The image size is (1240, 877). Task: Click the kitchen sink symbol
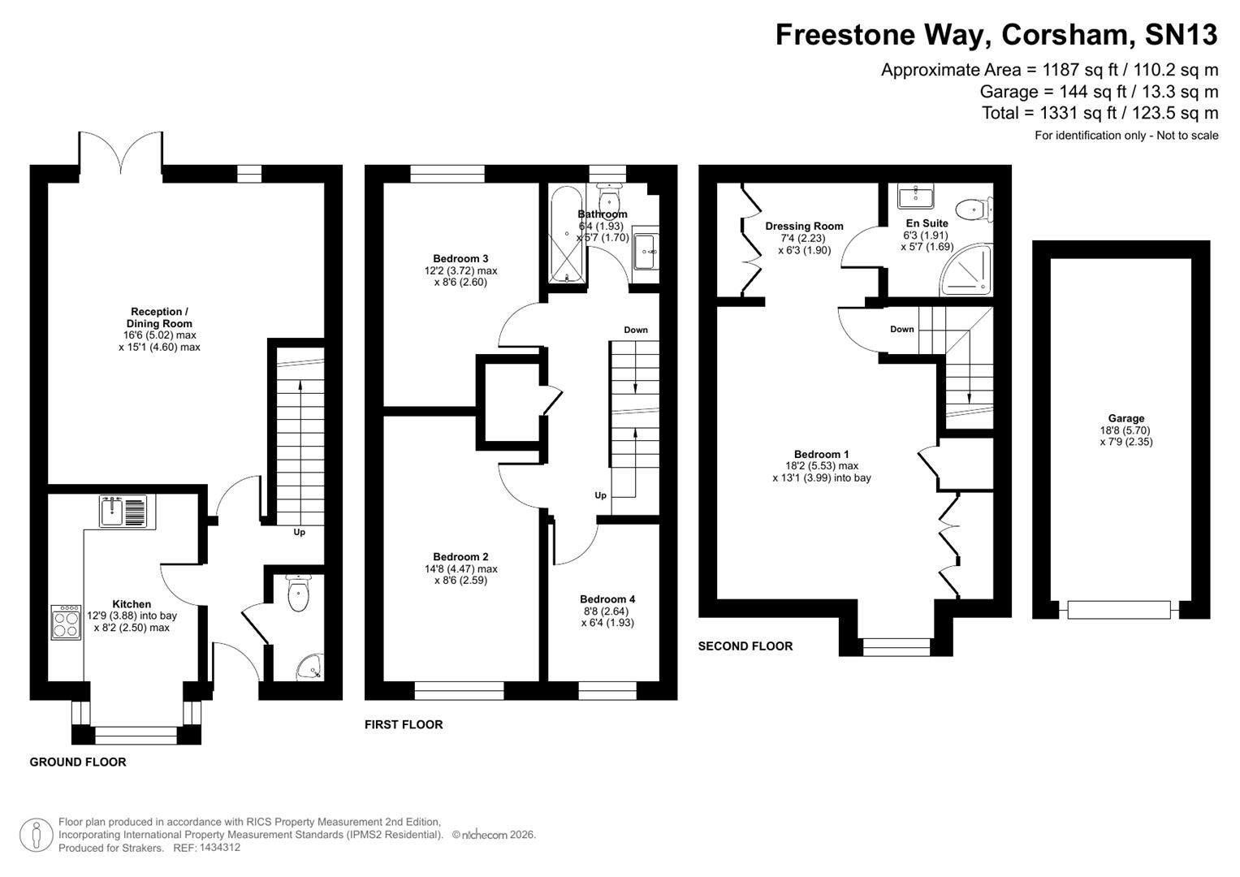[123, 511]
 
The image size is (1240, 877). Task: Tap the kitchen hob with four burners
[66, 622]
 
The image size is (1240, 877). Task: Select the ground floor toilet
[299, 594]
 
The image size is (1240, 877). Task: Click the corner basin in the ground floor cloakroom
[309, 667]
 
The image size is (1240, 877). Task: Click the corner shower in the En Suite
[970, 272]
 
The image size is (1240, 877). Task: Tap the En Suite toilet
[974, 210]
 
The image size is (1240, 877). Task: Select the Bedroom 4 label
[607, 599]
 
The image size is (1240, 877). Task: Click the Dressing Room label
[804, 227]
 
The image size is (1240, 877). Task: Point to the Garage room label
[1126, 419]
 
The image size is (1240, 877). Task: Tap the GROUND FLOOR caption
[78, 762]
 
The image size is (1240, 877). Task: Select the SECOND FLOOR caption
[745, 646]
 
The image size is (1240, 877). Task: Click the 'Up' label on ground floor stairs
[300, 533]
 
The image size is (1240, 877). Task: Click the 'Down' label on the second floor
[901, 330]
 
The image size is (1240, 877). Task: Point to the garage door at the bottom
[1120, 610]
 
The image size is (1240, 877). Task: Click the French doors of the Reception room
[121, 153]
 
